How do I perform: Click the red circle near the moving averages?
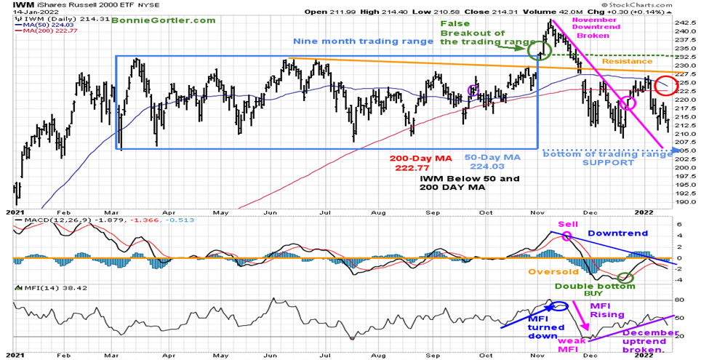point(665,86)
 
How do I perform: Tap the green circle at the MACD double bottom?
point(625,277)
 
